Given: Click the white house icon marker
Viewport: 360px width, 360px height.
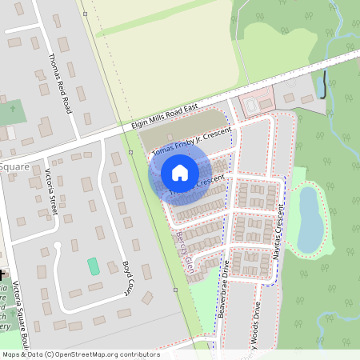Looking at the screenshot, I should [179, 173].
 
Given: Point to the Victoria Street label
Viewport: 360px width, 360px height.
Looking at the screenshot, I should [52, 192].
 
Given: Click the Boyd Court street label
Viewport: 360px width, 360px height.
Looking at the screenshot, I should [126, 277].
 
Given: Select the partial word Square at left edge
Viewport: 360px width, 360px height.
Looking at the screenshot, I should [14, 167].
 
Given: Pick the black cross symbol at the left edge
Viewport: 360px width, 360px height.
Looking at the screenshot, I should [2, 274].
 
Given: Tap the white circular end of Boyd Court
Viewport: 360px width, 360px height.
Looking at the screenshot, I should [56, 245].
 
